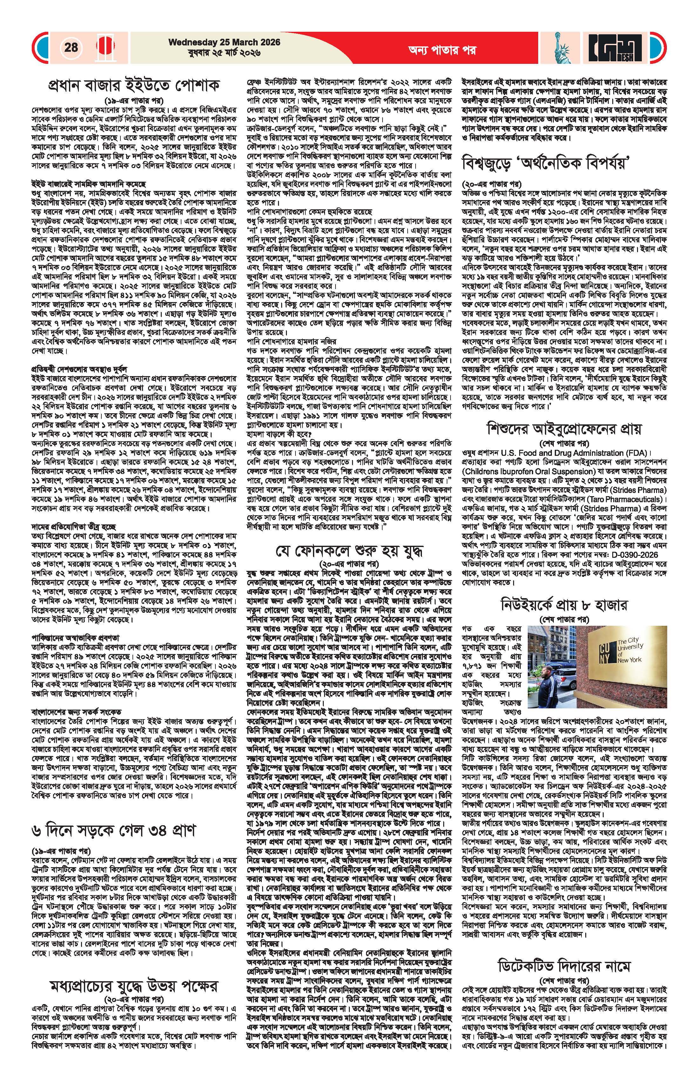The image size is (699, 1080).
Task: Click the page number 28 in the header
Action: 71,47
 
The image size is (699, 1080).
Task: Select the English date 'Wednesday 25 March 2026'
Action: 224,42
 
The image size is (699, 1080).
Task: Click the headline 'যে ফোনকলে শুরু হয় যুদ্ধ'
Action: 349,551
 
